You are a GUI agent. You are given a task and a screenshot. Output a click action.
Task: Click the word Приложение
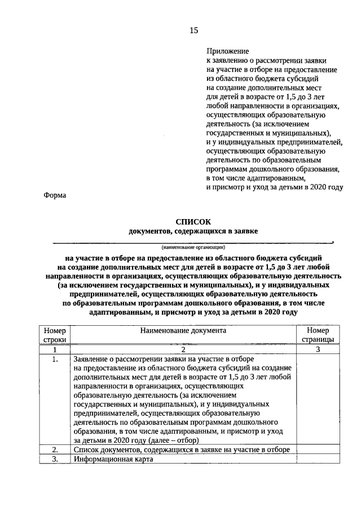pos(227,51)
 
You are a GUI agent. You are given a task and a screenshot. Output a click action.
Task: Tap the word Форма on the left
pos(55,196)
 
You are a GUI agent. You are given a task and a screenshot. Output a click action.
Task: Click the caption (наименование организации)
pos(193,247)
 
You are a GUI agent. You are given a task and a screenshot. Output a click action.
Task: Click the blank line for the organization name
pos(193,242)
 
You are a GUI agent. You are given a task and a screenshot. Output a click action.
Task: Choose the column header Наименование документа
pos(183,331)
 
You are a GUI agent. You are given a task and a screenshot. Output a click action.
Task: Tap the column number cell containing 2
pos(183,350)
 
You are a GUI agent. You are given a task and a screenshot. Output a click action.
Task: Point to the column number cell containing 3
pos(318,350)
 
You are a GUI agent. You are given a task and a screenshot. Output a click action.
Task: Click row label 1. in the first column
pos(55,359)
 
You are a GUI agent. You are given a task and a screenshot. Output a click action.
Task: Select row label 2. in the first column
pos(55,449)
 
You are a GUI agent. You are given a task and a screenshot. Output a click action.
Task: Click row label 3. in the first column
pos(55,459)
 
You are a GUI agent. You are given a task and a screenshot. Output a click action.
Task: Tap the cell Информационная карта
pos(113,459)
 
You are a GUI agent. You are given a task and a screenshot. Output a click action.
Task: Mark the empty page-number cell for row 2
pos(318,449)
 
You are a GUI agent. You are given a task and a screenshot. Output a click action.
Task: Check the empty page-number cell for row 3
pos(318,459)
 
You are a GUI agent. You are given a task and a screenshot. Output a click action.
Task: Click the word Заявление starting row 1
pos(93,359)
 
